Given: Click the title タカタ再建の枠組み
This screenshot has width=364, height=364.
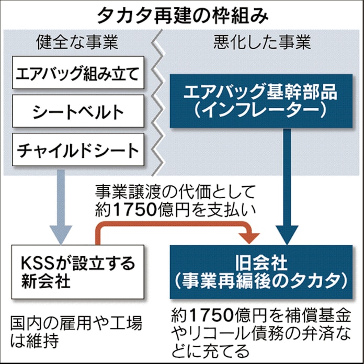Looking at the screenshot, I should click(x=182, y=15).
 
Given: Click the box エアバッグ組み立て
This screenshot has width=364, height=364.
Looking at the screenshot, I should click(x=77, y=74).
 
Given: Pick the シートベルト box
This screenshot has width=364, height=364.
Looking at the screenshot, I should click(x=77, y=112).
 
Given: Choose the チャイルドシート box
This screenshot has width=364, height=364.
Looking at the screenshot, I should click(x=77, y=150).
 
